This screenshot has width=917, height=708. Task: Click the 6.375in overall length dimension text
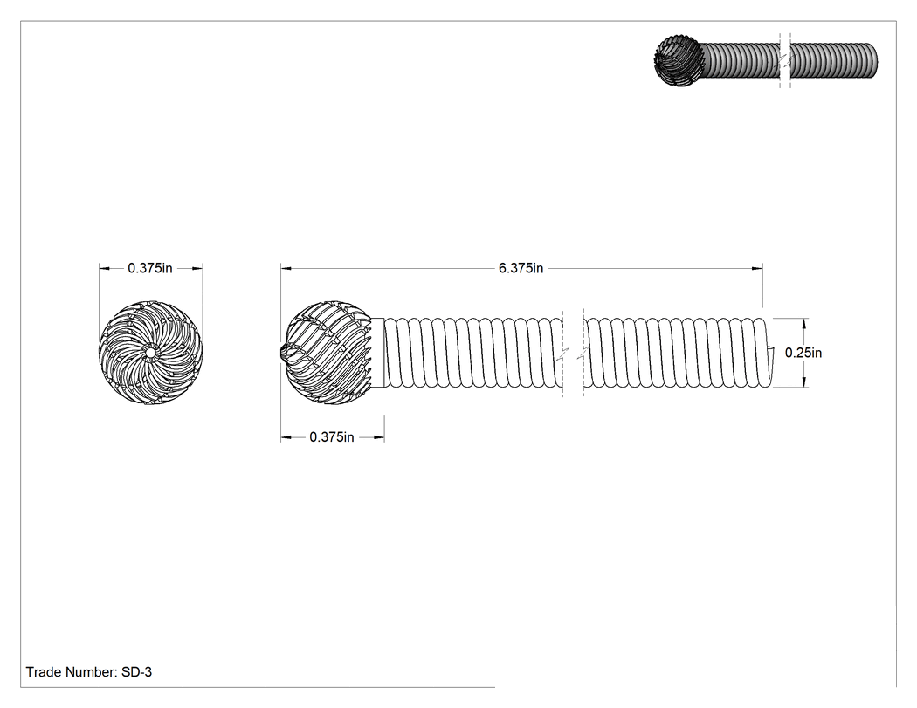coord(521,268)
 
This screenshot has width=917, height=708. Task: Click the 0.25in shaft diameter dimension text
coord(803,353)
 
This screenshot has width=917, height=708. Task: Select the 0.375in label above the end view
coord(149,268)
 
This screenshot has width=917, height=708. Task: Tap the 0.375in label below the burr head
coord(332,436)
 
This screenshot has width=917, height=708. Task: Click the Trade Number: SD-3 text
coord(89,671)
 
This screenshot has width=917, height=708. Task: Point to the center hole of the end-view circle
coord(150,352)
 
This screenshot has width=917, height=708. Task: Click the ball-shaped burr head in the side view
coord(327,353)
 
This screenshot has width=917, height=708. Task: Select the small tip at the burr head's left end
coord(281,352)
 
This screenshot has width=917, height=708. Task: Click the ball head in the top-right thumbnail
coord(679,60)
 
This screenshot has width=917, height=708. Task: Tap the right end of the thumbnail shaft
coord(876,60)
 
